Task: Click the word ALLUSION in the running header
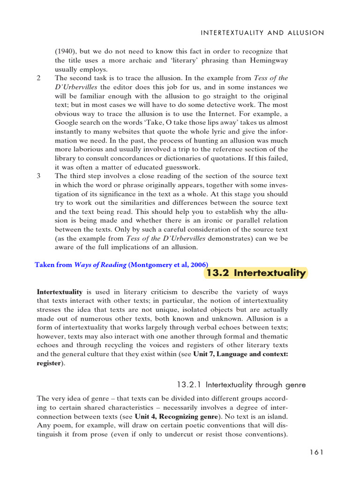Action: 301,33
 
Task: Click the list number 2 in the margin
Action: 38,78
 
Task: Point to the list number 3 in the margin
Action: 38,176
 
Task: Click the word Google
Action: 67,122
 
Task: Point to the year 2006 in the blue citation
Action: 198,265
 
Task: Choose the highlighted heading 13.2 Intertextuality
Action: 256,273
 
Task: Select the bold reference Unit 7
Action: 205,354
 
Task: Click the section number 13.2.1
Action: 191,385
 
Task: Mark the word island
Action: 275,416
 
